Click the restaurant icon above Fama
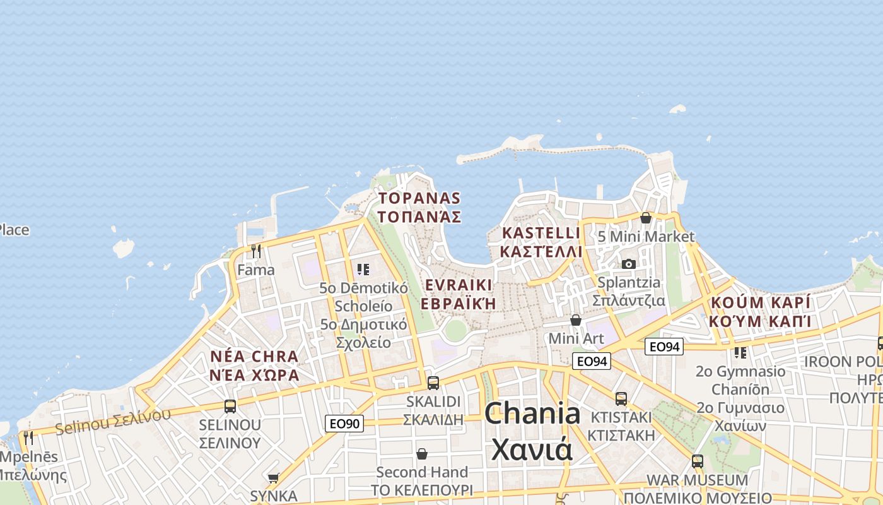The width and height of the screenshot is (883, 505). click(255, 251)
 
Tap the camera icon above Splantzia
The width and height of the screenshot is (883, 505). click(629, 264)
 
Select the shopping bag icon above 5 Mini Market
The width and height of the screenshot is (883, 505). click(645, 218)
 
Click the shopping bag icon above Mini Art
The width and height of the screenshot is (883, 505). click(575, 320)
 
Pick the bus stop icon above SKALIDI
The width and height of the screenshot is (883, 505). click(433, 383)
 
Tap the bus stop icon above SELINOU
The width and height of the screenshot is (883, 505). click(230, 406)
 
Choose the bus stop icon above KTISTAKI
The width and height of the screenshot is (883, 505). click(621, 398)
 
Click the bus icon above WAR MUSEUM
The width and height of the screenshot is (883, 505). click(697, 461)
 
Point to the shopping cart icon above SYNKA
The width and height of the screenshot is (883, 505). click(273, 478)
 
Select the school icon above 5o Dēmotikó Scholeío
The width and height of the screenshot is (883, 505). click(363, 270)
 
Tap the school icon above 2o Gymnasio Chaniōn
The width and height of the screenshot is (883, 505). click(740, 352)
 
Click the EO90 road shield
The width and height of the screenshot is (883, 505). click(344, 423)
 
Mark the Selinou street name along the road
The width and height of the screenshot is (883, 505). click(113, 422)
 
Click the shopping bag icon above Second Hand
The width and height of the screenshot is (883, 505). click(421, 454)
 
